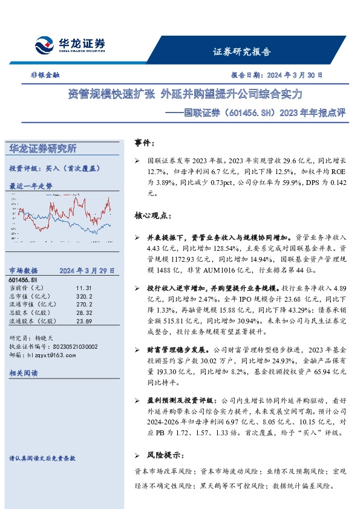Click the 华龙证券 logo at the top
[70, 44]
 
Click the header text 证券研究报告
[242, 51]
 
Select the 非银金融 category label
[45, 76]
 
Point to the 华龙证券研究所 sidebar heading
[42, 148]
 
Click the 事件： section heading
[145, 144]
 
